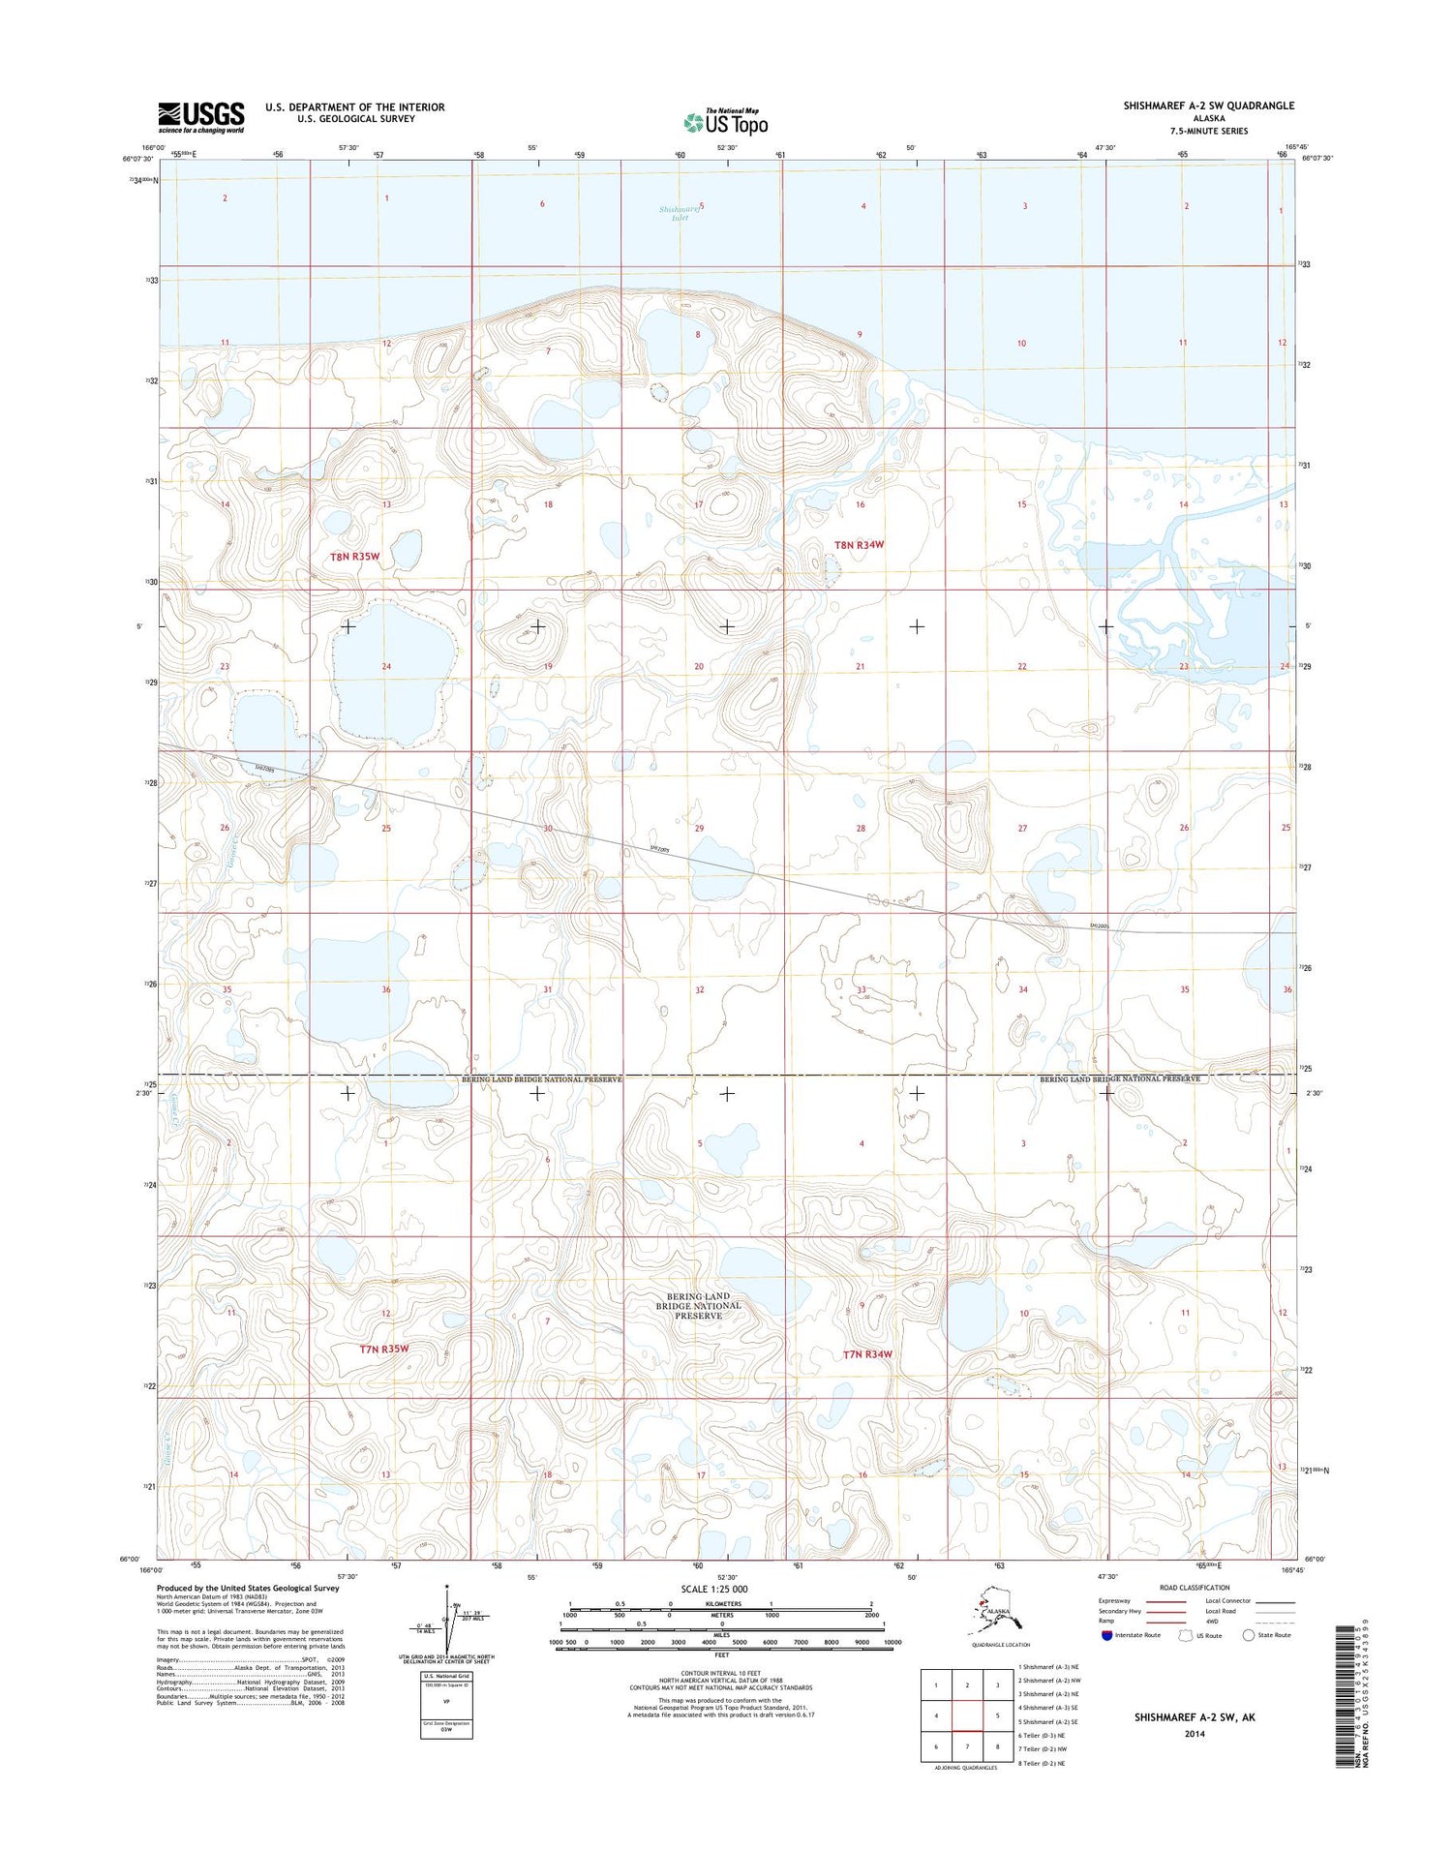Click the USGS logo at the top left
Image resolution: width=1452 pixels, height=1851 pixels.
click(x=201, y=117)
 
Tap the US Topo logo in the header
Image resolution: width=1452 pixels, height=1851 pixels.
click(x=726, y=122)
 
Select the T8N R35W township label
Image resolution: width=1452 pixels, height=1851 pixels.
click(x=355, y=557)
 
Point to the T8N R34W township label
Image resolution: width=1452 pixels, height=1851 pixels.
click(x=859, y=545)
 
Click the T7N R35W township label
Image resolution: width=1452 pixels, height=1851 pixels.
click(x=383, y=1349)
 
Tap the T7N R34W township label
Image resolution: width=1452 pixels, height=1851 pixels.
click(x=866, y=1354)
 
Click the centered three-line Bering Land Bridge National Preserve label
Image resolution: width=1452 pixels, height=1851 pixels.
click(x=698, y=1305)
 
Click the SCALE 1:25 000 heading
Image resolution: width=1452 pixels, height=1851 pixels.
click(x=714, y=1589)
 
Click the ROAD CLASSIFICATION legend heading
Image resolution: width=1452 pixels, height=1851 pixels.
click(x=1195, y=1588)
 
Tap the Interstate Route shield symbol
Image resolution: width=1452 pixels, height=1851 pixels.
click(x=1106, y=1635)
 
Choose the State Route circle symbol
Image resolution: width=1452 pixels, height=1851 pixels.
click(x=1249, y=1635)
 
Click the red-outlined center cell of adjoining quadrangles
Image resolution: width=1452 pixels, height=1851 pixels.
click(x=967, y=1716)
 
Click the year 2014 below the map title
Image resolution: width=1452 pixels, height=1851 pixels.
click(x=1194, y=1734)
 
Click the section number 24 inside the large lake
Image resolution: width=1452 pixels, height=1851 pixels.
click(x=386, y=666)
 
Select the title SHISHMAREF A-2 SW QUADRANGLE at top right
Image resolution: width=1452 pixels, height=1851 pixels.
click(x=1208, y=106)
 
